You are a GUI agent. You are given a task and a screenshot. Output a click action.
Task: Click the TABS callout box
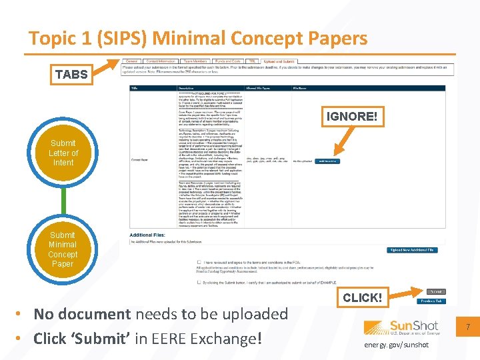pyautogui.click(x=71, y=74)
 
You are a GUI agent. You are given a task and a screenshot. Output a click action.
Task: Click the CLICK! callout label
pyautogui.click(x=362, y=297)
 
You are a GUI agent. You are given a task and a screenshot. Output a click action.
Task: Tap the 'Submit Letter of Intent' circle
pyautogui.click(x=63, y=153)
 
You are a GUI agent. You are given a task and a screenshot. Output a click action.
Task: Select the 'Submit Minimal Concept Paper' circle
pyautogui.click(x=63, y=249)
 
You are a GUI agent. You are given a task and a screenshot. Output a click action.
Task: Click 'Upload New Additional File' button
pyautogui.click(x=413, y=250)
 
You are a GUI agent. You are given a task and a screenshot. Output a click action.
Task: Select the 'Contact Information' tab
pyautogui.click(x=161, y=61)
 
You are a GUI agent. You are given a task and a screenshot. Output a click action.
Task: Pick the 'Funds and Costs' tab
pyautogui.click(x=227, y=61)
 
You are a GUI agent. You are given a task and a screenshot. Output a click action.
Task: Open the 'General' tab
pyautogui.click(x=131, y=61)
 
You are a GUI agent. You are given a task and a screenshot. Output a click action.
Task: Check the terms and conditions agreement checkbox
pyautogui.click(x=199, y=263)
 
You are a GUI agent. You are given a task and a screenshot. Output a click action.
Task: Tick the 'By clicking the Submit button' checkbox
pyautogui.click(x=199, y=283)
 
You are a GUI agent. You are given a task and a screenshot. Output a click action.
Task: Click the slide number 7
pyautogui.click(x=469, y=327)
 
